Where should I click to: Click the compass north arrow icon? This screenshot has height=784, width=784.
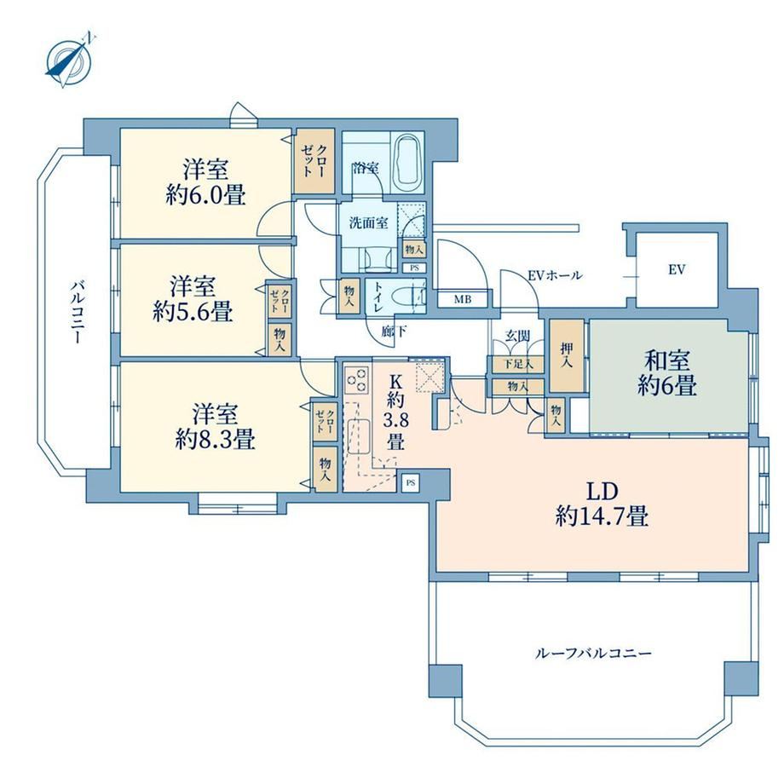point(68,61)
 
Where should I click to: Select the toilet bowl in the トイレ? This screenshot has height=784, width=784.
point(402,297)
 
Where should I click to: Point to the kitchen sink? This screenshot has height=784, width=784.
point(358,436)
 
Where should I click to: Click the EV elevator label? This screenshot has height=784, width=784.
point(677,270)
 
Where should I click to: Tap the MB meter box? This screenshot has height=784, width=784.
point(463,299)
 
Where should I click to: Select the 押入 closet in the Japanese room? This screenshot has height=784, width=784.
point(567,355)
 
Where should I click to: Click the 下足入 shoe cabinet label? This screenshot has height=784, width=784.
point(518,364)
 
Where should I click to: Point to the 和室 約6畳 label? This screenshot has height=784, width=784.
point(667,373)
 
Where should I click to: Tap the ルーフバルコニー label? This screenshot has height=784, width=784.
point(593,653)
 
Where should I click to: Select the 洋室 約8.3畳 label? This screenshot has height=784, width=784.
point(215,426)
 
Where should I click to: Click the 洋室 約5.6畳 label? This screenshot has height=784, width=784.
point(193,298)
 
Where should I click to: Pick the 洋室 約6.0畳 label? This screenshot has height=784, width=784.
point(206,182)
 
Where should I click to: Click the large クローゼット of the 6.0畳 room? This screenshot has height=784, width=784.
point(314,162)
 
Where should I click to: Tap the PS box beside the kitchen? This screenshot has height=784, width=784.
point(411,483)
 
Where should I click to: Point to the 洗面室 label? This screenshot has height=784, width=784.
point(368,223)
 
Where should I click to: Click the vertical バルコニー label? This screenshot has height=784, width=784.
point(76,312)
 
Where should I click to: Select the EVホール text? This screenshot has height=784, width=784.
point(555,275)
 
